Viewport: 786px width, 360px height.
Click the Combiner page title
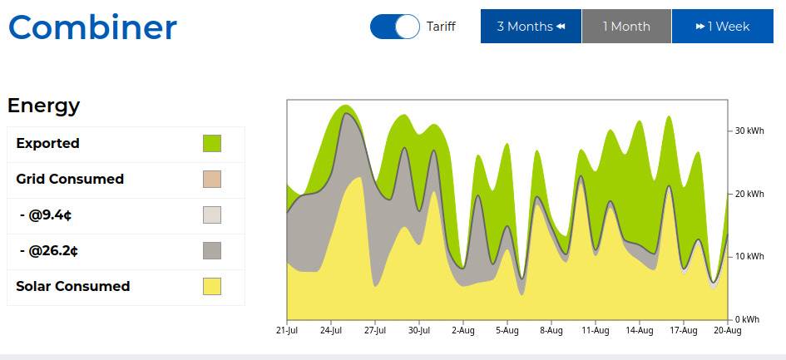(92, 27)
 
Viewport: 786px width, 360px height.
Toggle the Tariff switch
(395, 27)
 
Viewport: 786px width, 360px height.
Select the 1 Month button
(626, 27)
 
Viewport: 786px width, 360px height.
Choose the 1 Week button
(722, 27)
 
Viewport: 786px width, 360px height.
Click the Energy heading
(44, 106)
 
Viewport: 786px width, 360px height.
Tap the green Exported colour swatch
(212, 143)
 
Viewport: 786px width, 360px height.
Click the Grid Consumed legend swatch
(212, 179)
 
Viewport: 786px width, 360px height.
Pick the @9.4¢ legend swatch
(212, 215)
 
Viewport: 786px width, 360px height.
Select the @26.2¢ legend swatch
(212, 250)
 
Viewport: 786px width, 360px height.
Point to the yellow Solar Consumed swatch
(212, 286)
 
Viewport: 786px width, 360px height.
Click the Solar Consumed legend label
(73, 286)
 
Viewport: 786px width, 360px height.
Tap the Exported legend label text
(48, 143)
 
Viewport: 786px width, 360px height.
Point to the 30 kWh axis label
(749, 131)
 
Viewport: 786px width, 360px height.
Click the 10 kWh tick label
(749, 257)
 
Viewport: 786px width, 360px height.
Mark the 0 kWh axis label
(748, 319)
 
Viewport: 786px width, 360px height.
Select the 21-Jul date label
(287, 331)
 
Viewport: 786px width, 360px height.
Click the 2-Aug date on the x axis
(463, 331)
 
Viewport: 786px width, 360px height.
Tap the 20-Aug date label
(728, 331)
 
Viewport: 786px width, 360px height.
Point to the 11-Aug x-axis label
(596, 331)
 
